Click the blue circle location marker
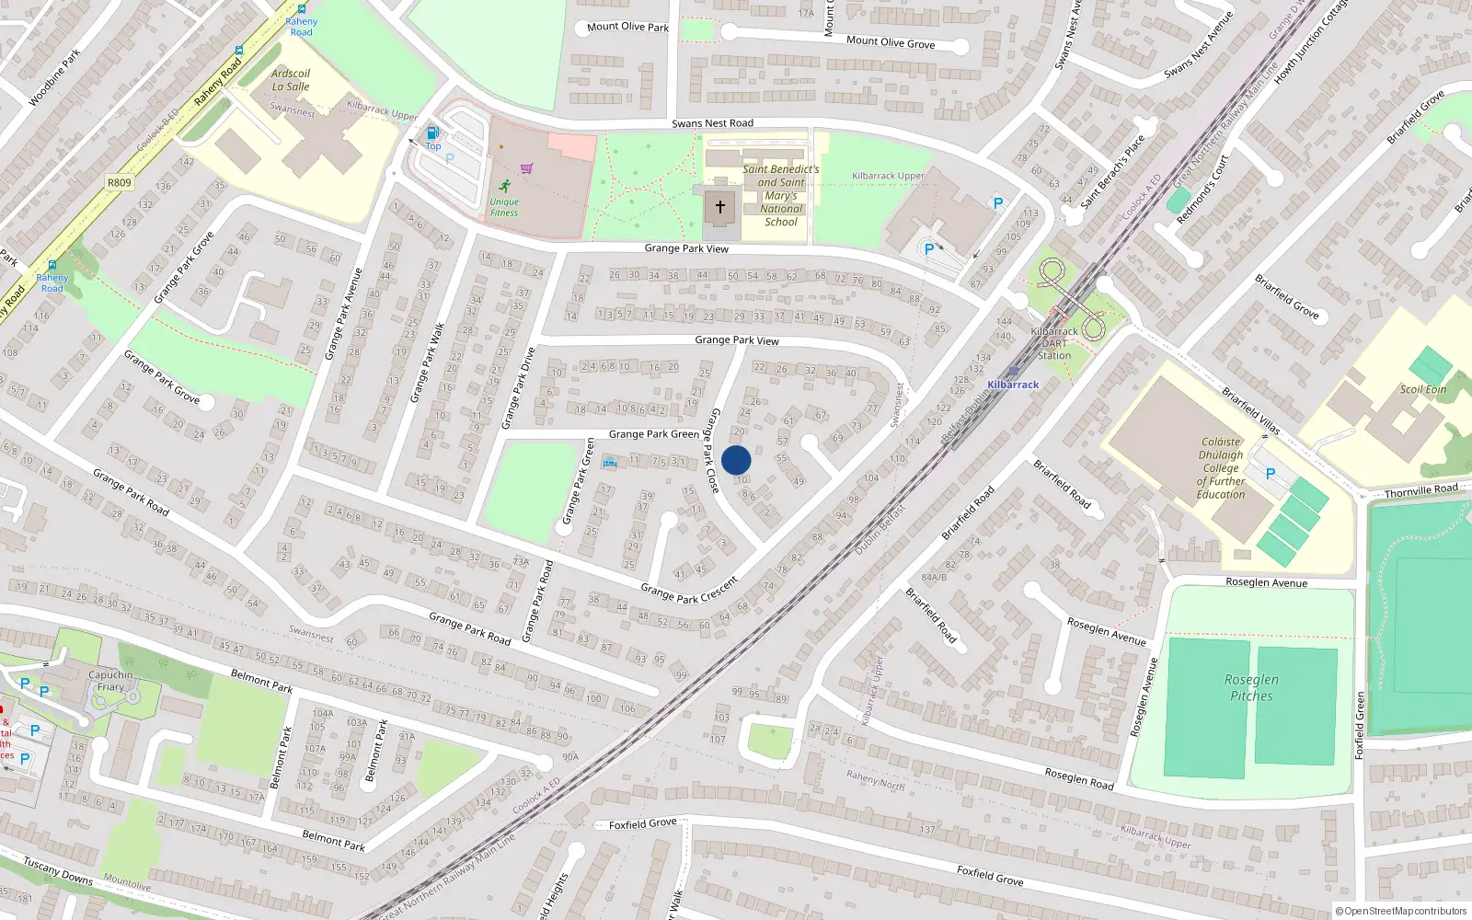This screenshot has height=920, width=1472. click(736, 460)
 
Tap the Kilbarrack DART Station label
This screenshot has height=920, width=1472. click(1054, 343)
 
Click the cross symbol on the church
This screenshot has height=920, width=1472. click(720, 207)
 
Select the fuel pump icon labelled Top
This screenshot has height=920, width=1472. click(431, 133)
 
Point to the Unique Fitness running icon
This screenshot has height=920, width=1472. click(504, 185)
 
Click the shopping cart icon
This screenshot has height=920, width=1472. click(526, 168)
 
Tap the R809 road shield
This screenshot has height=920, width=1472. click(120, 182)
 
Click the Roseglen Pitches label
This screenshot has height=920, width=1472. click(1251, 687)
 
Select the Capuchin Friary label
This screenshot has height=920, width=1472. click(110, 681)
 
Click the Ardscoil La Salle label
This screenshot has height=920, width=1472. click(291, 80)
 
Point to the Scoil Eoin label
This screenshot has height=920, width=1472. click(1422, 389)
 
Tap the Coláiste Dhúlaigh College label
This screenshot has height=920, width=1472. click(1221, 467)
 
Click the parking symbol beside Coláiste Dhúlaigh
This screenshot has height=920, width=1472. click(1271, 474)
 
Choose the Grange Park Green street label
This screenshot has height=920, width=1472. click(653, 434)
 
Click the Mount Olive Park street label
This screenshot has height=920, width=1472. click(627, 27)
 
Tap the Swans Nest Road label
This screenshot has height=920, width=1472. click(712, 123)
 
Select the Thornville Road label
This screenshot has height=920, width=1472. click(1420, 490)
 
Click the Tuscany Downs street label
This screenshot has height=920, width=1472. click(58, 870)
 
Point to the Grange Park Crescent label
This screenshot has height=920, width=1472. click(689, 591)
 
